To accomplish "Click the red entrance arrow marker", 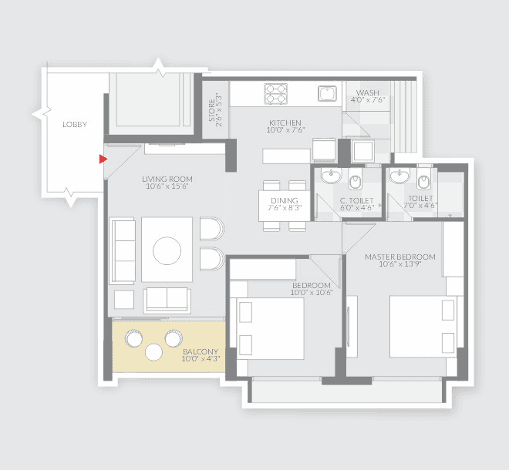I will (x=103, y=159).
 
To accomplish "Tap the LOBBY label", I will (x=75, y=124).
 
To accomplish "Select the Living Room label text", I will (x=166, y=179).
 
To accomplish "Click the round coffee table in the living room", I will (x=167, y=250).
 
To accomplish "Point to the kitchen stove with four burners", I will (x=276, y=93).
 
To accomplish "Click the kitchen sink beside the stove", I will (x=327, y=93).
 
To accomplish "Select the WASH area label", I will (x=367, y=92).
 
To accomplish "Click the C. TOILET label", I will (x=357, y=199).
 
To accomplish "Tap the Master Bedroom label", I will (x=400, y=257).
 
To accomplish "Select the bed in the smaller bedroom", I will (x=271, y=326).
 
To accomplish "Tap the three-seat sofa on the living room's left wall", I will (x=122, y=250).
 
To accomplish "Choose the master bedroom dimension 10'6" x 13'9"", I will (x=400, y=265).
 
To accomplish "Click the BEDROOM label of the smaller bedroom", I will (x=311, y=285).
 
